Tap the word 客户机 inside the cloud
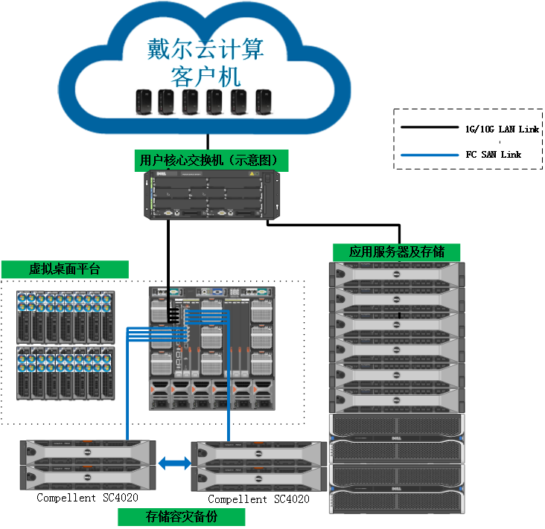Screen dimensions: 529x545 point(206,77)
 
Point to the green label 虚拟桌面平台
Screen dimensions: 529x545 point(65,269)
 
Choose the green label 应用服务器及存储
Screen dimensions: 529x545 point(396,252)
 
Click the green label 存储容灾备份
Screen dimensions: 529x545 point(181,517)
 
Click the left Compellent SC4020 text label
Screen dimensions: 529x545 point(87,498)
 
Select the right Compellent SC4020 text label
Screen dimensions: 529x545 point(258,499)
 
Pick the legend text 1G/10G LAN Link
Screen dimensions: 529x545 point(501,129)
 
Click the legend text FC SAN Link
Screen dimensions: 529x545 point(493,155)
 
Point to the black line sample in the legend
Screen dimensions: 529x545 point(430,128)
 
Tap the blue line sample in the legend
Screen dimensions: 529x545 point(430,155)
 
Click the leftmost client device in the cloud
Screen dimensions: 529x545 point(143,103)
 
